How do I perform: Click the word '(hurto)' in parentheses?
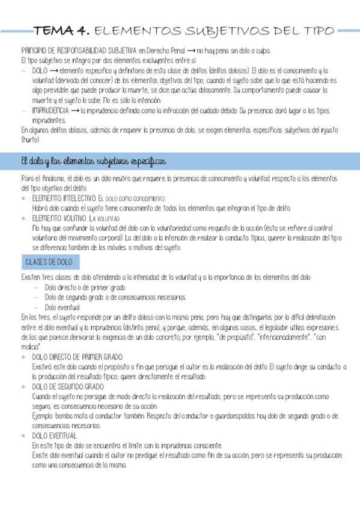click(30, 139)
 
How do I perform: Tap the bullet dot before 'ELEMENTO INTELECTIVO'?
click(24, 198)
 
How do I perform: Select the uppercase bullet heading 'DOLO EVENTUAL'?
click(55, 435)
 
